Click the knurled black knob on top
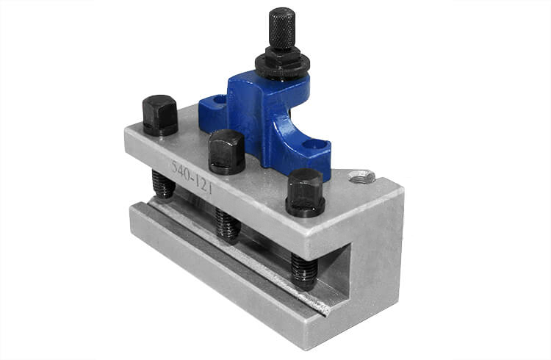281,29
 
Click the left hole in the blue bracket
219,98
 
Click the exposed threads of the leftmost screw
163,185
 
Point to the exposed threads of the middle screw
228,225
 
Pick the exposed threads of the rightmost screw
303,270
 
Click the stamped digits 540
182,168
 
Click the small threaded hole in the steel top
361,176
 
